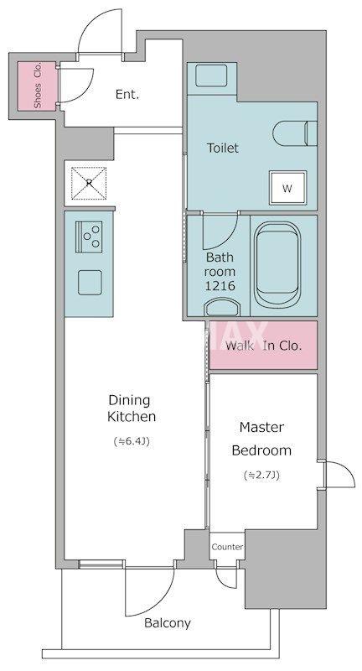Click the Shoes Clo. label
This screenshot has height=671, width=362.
coord(38,86)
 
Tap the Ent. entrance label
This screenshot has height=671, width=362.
coord(127,95)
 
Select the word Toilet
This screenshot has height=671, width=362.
coord(223,148)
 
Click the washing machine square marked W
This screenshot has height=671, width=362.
coord(287,188)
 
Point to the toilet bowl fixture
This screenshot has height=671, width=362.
coord(295,133)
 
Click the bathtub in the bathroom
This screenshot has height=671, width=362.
coord(278,263)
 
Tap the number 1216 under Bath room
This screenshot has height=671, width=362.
coord(220,286)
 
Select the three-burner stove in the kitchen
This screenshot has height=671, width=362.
coord(89,237)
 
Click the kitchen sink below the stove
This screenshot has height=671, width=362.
coord(90,283)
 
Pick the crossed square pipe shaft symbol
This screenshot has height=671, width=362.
coord(89,183)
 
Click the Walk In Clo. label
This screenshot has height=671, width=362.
coord(264,346)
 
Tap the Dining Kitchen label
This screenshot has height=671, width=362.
coord(132,408)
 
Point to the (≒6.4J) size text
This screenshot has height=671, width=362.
coord(132,441)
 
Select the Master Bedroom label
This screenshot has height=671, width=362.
coord(261,439)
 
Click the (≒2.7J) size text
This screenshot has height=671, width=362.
coord(261,475)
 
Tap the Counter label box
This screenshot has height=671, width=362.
coord(227,547)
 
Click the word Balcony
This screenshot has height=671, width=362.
coord(167,623)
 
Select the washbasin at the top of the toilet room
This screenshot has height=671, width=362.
coord(208,76)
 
